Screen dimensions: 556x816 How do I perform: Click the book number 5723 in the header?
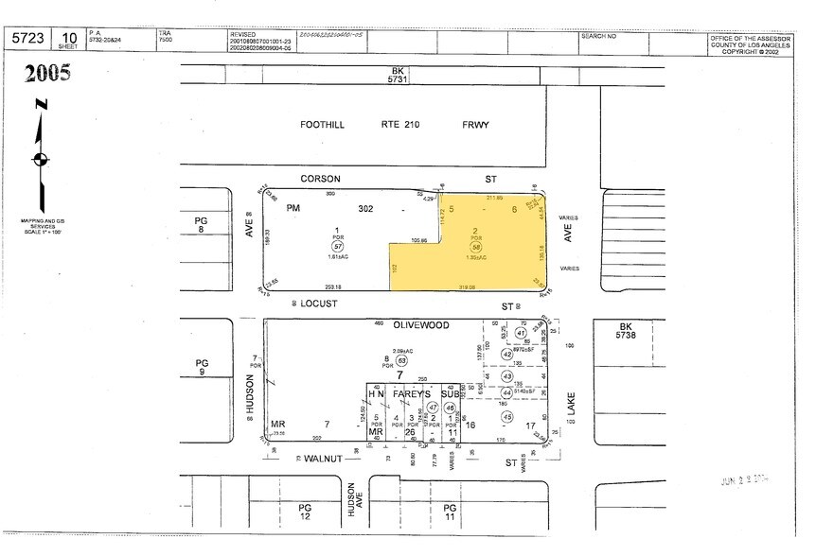coord(26,38)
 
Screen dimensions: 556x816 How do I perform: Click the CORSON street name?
coord(320,178)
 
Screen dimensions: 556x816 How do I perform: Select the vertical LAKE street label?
coord(571,405)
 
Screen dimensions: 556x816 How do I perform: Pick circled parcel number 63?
coord(401,360)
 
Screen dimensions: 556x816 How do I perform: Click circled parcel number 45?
coord(507,417)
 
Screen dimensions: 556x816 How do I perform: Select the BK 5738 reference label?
coord(610,330)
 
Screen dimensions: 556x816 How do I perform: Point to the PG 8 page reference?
coord(201,223)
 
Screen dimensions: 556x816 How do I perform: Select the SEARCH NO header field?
coord(598,35)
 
